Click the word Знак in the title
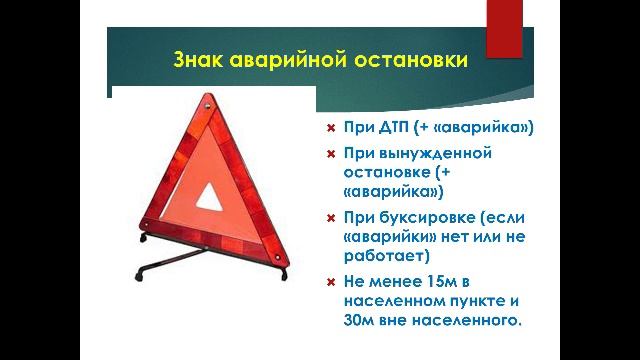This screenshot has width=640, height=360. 203,61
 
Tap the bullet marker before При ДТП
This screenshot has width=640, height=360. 331,128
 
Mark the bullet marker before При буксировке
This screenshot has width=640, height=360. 331,217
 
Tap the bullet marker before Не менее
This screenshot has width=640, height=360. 331,281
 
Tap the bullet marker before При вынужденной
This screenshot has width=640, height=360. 331,153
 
